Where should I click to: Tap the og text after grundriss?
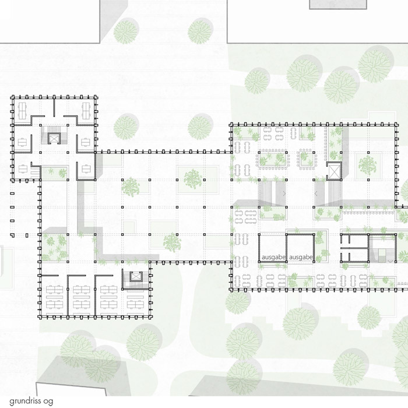[x=48, y=402]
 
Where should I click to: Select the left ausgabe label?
[x=274, y=258]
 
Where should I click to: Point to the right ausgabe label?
[x=301, y=258]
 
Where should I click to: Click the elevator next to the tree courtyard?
[x=334, y=171]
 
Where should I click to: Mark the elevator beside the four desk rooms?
[x=136, y=276]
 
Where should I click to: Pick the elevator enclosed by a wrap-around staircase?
[x=54, y=138]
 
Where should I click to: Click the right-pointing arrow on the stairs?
[x=284, y=194]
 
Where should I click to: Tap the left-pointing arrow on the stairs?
[x=316, y=194]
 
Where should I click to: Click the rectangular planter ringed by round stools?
[x=272, y=159]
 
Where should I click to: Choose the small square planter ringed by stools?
[x=306, y=159]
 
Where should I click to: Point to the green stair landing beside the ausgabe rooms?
[x=382, y=252]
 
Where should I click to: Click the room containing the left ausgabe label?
[x=272, y=248]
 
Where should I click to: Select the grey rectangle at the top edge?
[x=337, y=5]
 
